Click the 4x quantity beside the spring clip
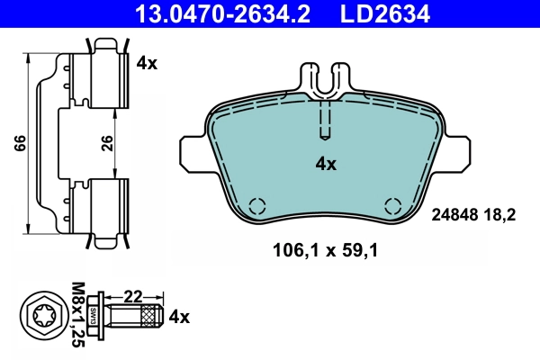point(147,63)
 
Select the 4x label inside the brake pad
point(325,164)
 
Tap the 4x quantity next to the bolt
point(180,317)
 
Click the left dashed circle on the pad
point(256,204)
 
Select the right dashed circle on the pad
point(392,204)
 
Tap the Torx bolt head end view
point(42,317)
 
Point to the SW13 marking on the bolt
point(94,317)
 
